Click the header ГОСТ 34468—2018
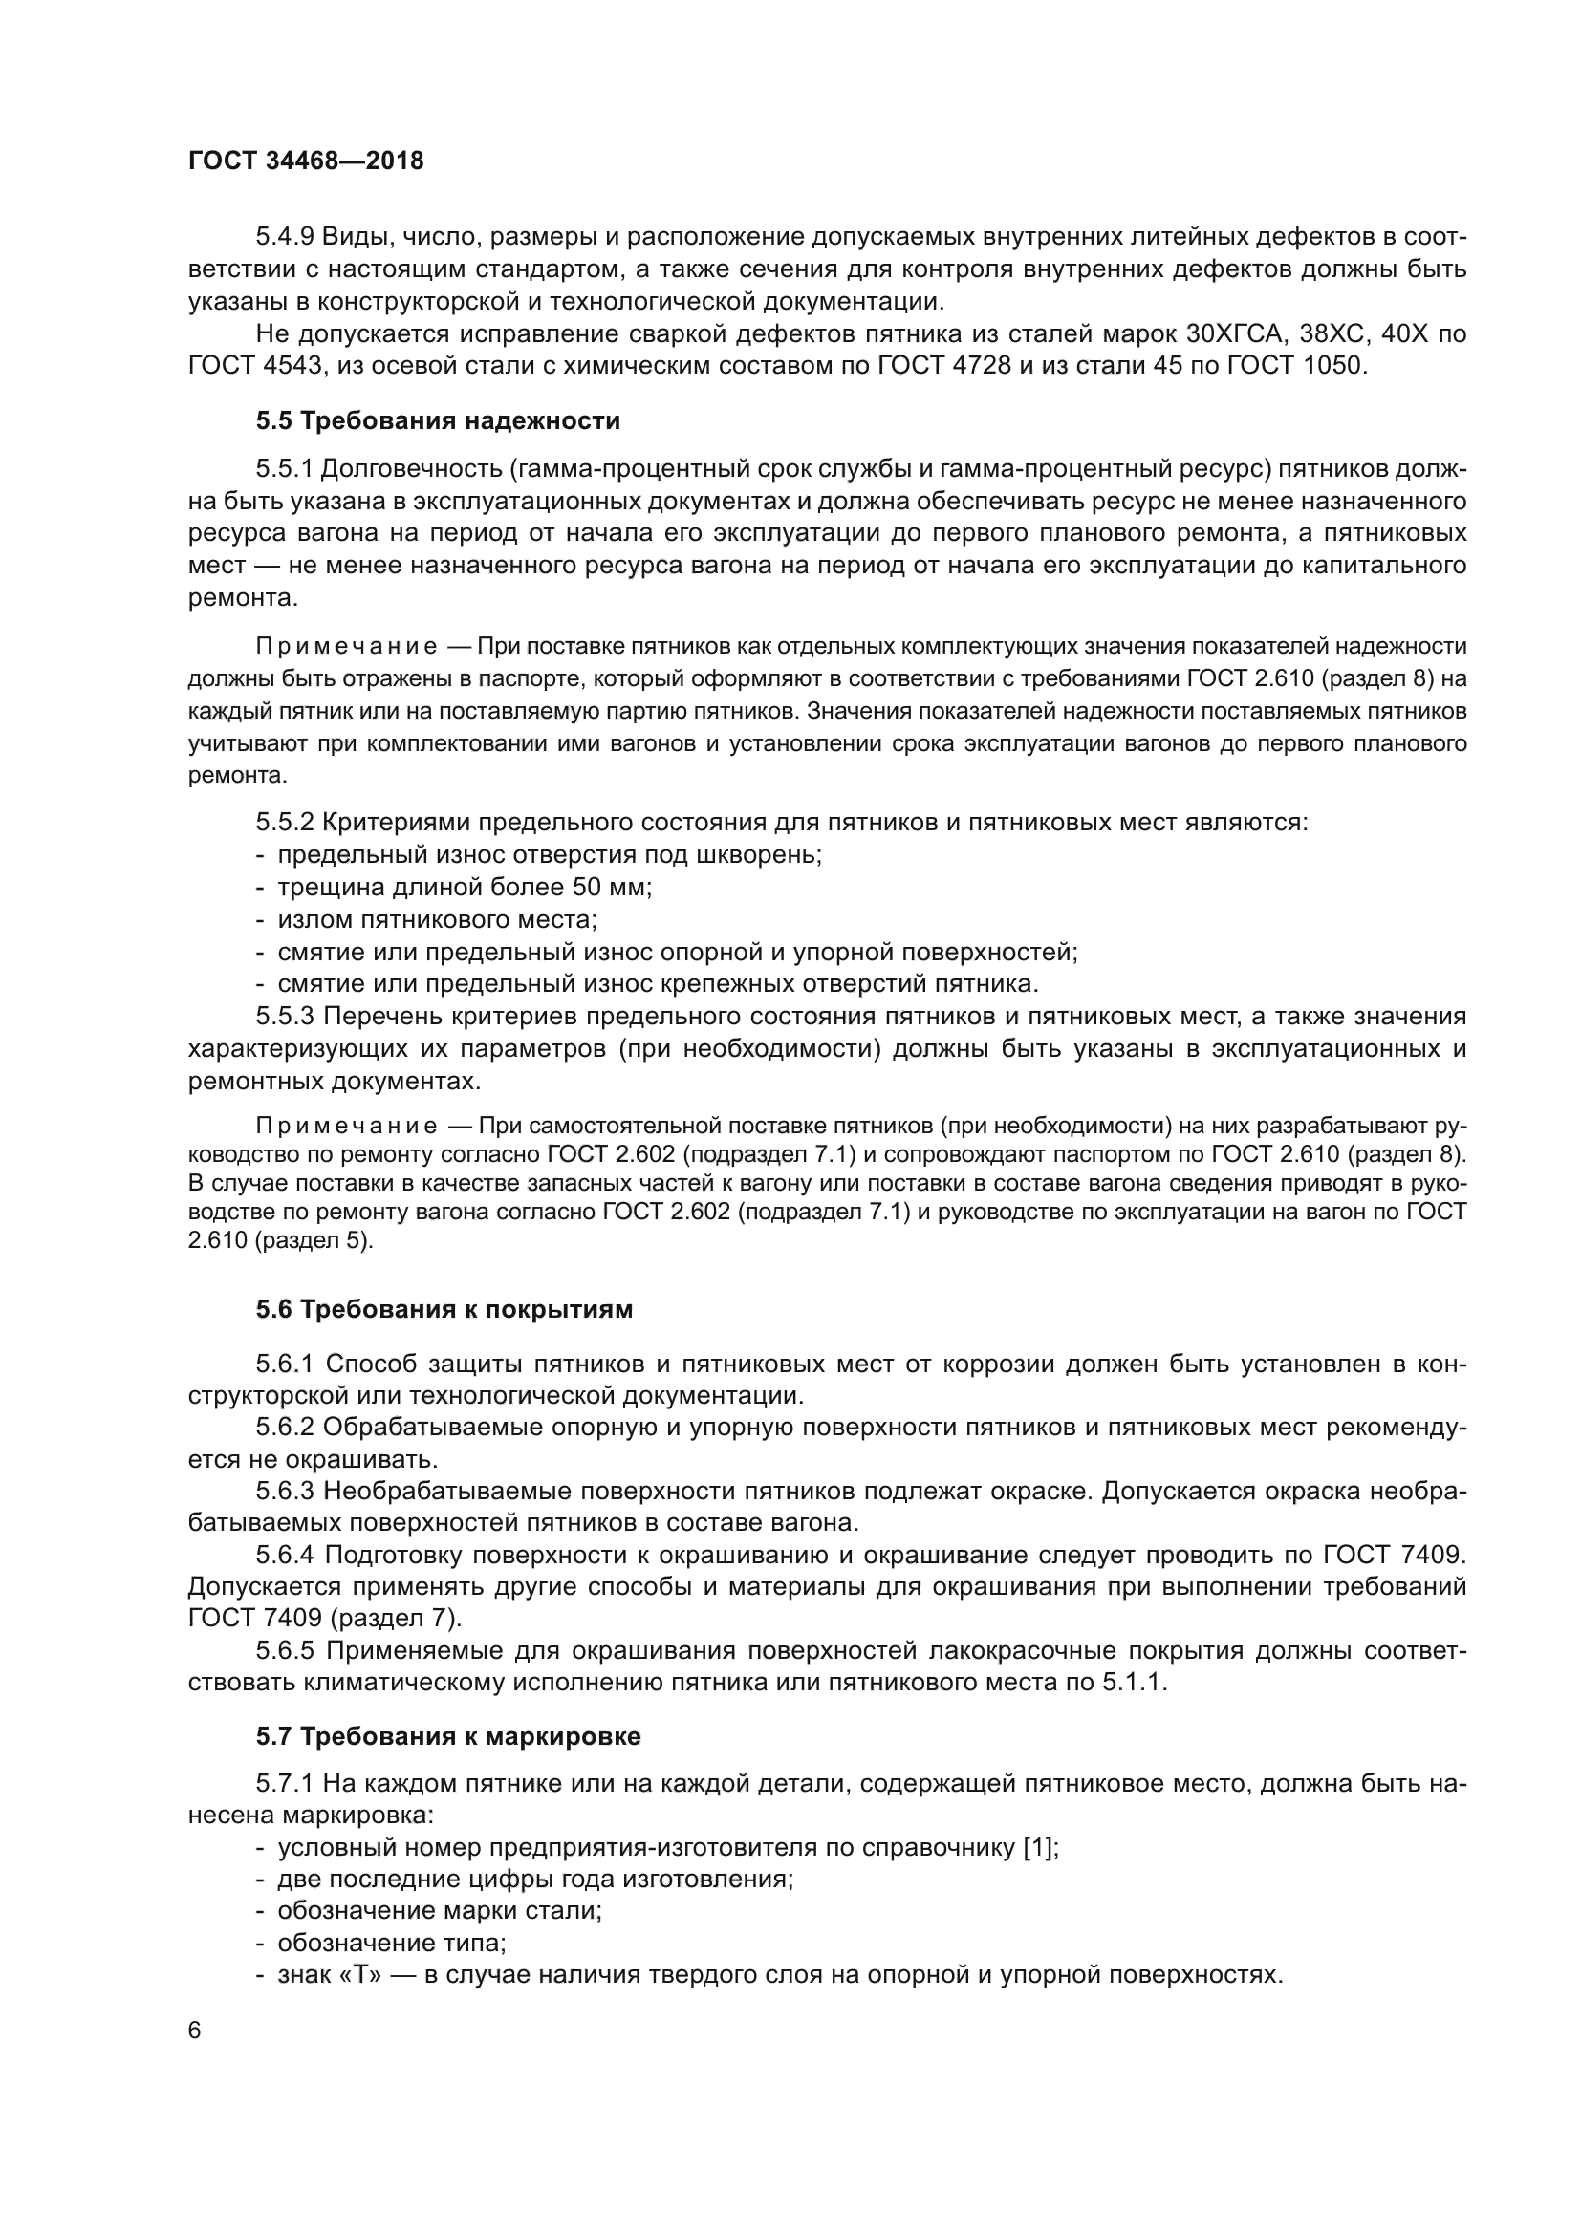pyautogui.click(x=306, y=161)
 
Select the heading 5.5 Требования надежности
pyautogui.click(x=438, y=420)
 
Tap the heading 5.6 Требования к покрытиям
pyautogui.click(x=444, y=1309)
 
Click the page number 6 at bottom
pyautogui.click(x=195, y=2030)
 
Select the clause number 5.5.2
pyautogui.click(x=284, y=823)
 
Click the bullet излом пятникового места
pyautogui.click(x=437, y=919)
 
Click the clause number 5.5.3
pyautogui.click(x=284, y=1017)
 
